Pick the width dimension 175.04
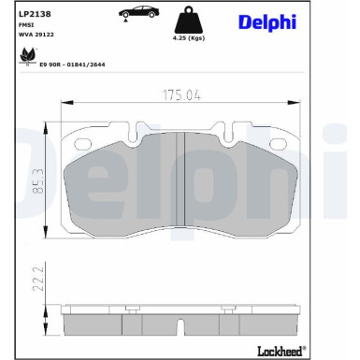pyautogui.click(x=180, y=95)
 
